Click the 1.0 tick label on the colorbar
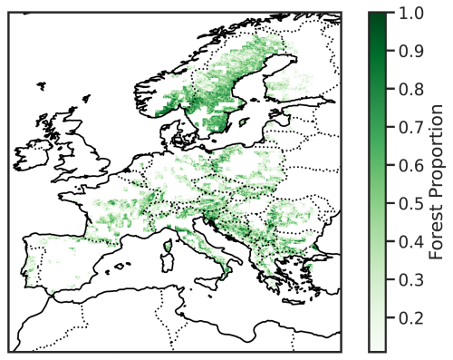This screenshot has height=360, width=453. pos(406,13)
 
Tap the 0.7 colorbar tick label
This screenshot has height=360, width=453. pos(406,124)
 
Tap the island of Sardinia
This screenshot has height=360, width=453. pos(168,258)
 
